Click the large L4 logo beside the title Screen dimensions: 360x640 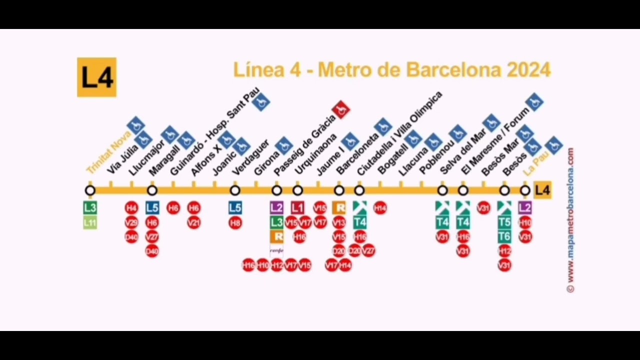96,77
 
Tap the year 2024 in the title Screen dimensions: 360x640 528,70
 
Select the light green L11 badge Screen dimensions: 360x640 90,222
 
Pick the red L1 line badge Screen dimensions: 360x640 297,207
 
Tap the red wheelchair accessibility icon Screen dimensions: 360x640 341,109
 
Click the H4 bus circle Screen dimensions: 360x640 131,208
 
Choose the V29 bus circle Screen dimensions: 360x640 131,222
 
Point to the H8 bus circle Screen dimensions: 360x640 235,222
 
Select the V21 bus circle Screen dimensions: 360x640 194,222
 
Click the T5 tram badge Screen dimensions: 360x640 504,222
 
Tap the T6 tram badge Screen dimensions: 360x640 504,236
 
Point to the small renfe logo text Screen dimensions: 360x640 276,250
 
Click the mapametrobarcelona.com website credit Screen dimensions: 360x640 570,220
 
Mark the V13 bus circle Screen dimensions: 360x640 339,222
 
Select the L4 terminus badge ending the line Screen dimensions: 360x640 542,190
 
